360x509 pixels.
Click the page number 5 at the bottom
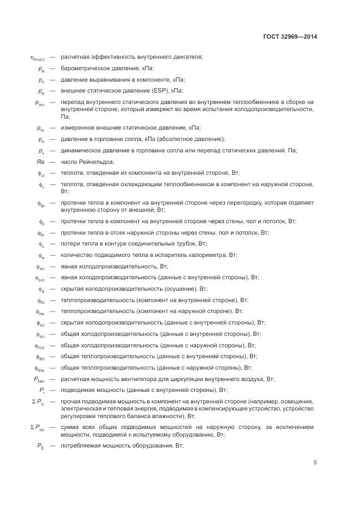click(315, 463)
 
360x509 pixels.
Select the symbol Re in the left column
click(41, 162)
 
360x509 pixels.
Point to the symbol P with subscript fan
click(40, 379)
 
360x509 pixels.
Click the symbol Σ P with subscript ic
click(37, 401)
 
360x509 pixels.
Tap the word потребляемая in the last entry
click(82, 446)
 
